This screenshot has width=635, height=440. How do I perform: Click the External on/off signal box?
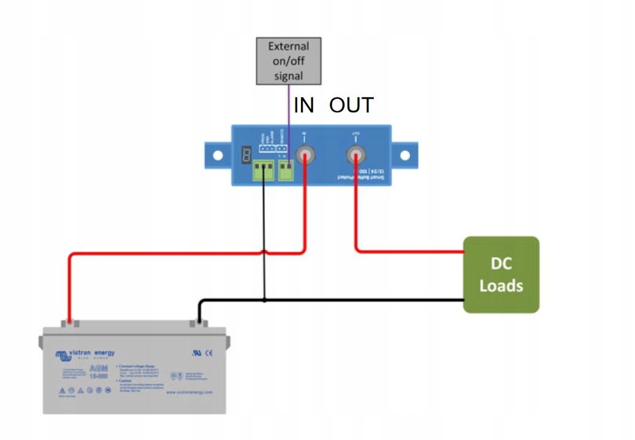click(x=289, y=61)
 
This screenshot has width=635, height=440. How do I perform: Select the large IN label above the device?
click(x=304, y=106)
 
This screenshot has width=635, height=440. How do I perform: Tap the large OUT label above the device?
click(x=351, y=106)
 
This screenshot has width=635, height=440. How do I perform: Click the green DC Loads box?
click(x=501, y=275)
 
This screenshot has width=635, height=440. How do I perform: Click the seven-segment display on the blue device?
click(x=246, y=155)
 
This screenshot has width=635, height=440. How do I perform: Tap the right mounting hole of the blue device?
click(x=405, y=155)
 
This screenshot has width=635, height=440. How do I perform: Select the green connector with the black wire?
click(x=264, y=171)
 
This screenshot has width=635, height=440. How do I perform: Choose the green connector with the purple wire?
click(x=286, y=170)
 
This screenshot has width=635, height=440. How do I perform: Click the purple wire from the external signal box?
click(x=289, y=117)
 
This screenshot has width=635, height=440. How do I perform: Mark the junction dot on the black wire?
click(x=264, y=300)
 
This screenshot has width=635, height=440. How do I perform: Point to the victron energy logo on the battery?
click(x=85, y=354)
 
